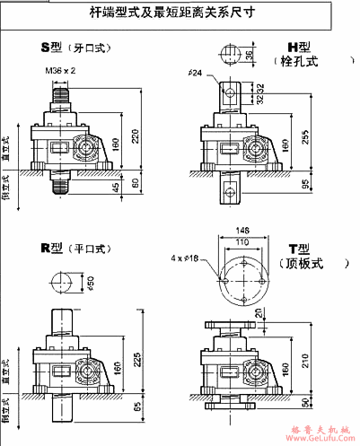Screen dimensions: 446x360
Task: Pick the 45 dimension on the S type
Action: point(116,188)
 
